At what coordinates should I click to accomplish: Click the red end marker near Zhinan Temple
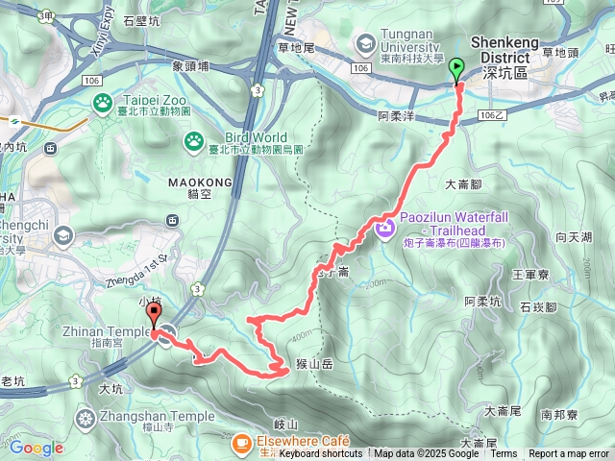(x=154, y=320)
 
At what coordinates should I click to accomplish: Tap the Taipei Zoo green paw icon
(x=102, y=101)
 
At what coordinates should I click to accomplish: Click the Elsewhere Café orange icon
(x=239, y=442)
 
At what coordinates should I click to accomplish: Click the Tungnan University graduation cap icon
(x=365, y=42)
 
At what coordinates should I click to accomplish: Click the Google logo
(x=37, y=448)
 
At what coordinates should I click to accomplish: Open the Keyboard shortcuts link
(x=321, y=454)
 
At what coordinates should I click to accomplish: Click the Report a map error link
(x=569, y=454)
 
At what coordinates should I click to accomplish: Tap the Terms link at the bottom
(x=504, y=454)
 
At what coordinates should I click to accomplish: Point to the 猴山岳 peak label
(x=314, y=364)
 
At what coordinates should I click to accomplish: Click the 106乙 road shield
(x=491, y=114)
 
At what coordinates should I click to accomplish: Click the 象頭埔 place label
(x=191, y=66)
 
